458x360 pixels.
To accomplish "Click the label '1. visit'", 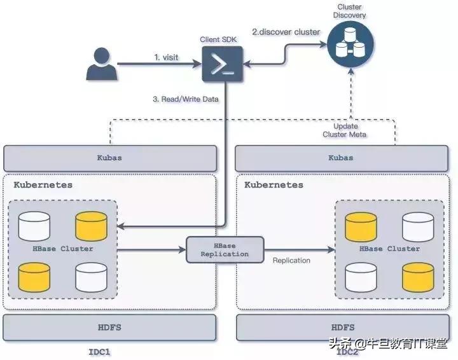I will tap(166, 57).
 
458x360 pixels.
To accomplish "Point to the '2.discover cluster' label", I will tap(286, 32).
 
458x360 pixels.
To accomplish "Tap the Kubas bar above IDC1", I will tap(109, 156).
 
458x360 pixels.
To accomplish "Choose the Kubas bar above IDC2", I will tap(341, 156).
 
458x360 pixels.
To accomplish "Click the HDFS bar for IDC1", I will tap(109, 327).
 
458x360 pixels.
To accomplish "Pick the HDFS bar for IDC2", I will tap(341, 327).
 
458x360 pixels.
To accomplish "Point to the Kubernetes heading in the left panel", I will tap(43, 185).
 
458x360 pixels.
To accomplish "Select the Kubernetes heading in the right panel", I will tap(274, 185).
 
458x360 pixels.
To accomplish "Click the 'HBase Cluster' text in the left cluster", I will tap(64, 249).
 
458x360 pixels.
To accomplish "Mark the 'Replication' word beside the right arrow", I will tap(291, 260).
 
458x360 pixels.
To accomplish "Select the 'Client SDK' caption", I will tap(218, 39).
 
